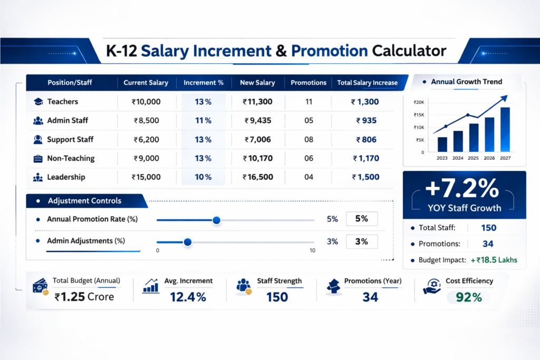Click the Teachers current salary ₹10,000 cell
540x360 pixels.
tap(146, 102)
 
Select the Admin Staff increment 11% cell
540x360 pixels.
tap(203, 121)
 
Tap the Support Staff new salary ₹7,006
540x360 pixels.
tap(257, 140)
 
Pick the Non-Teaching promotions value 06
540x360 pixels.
tap(309, 158)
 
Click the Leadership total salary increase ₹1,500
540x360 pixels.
tap(365, 177)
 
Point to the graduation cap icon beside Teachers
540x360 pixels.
tap(38, 102)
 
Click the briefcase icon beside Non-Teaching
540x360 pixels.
tap(38, 158)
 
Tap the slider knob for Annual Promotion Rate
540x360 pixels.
tap(216, 220)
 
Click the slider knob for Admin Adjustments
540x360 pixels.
tap(187, 242)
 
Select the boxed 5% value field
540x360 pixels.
tap(362, 219)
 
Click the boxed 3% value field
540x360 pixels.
tap(362, 242)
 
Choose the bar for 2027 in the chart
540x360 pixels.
tap(505, 130)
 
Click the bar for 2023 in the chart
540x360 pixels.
tap(442, 144)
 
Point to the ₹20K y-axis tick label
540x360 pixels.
tap(419, 103)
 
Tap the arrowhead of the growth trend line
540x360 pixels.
tap(504, 98)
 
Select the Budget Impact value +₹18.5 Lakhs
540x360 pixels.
tap(494, 260)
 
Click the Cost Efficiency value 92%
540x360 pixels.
tap(469, 297)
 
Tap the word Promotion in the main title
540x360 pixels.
tap(330, 51)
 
